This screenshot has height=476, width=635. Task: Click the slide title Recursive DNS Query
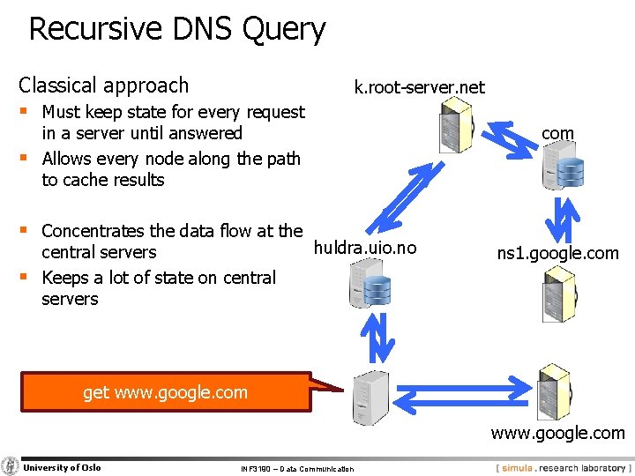177,29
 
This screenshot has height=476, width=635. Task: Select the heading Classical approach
104,86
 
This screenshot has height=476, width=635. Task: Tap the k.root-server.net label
419,86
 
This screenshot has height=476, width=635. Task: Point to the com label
557,133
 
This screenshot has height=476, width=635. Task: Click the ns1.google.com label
557,254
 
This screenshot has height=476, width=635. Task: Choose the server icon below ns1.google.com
558,294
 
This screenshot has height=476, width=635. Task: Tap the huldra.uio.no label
365,248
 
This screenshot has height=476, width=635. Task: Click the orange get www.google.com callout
166,392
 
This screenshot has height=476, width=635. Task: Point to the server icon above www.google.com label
554,391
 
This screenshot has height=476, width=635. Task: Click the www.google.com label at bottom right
557,433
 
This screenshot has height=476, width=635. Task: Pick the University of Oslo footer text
62,467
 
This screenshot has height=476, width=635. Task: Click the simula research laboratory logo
563,467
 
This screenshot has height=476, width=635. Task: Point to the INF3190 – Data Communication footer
296,469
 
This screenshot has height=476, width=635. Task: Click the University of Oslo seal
11,466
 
